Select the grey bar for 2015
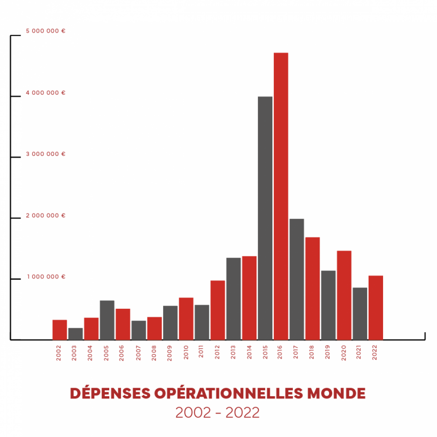pyautogui.click(x=265, y=218)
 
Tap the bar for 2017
pyautogui.click(x=297, y=279)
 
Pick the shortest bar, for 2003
pyautogui.click(x=75, y=334)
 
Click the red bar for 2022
pyautogui.click(x=376, y=308)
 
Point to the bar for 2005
pyautogui.click(x=107, y=320)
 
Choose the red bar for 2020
pyautogui.click(x=344, y=295)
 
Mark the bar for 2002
pyautogui.click(x=60, y=330)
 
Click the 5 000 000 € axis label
pyautogui.click(x=46, y=31)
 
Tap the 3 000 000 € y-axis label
pyautogui.click(x=46, y=154)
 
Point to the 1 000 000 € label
pyautogui.click(x=46, y=277)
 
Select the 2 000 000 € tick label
pyautogui.click(x=46, y=216)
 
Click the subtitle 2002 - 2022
pyautogui.click(x=218, y=413)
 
